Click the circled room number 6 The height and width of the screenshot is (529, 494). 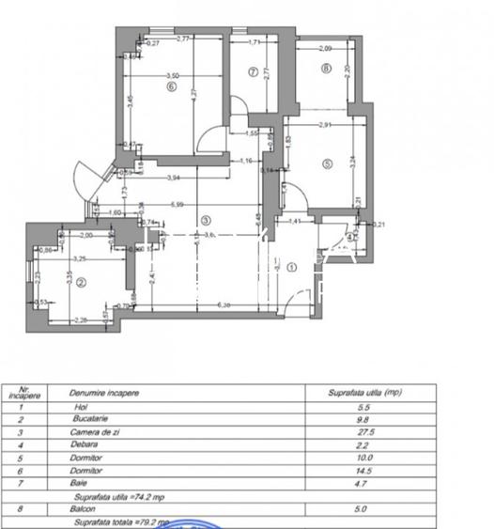pyautogui.click(x=172, y=87)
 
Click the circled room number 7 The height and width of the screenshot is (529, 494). pyautogui.click(x=253, y=72)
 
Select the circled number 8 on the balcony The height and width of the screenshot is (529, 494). pyautogui.click(x=326, y=68)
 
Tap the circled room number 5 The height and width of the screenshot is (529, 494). pyautogui.click(x=327, y=163)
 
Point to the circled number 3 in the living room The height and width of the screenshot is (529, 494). pyautogui.click(x=205, y=221)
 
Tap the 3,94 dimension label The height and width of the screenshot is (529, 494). pyautogui.click(x=173, y=178)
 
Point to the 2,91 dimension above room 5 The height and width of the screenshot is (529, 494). pyautogui.click(x=324, y=124)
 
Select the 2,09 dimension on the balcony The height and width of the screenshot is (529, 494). pyautogui.click(x=325, y=48)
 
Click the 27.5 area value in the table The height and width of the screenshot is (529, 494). pyautogui.click(x=365, y=433)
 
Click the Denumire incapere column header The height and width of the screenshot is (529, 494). pyautogui.click(x=106, y=392)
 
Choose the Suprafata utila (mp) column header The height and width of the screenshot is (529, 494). pyautogui.click(x=365, y=392)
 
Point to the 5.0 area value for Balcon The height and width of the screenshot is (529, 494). pyautogui.click(x=365, y=507)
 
